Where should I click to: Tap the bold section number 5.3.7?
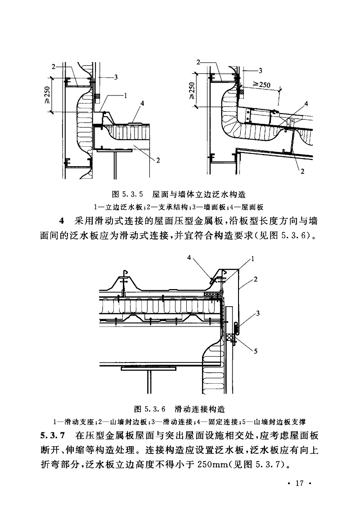point(53,435)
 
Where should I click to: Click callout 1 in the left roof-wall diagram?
point(126,95)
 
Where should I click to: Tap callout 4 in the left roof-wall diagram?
point(142,104)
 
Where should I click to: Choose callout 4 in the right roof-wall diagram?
point(306,104)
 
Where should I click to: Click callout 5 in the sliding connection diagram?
point(255,352)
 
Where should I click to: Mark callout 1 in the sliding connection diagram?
point(253,259)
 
